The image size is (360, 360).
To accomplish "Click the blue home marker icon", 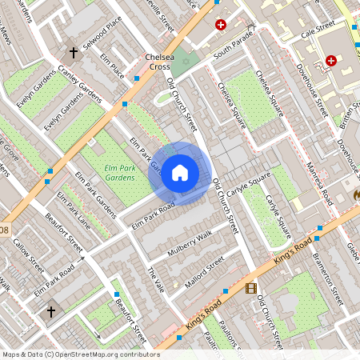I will (x=180, y=173).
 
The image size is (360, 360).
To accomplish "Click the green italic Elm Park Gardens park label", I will (x=122, y=172).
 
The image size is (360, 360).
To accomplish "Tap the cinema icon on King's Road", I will (x=253, y=289).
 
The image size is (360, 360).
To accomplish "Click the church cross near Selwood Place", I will (x=73, y=53).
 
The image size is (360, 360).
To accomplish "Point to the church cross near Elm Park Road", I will (x=53, y=310).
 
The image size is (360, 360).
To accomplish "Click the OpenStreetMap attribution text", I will (x=80, y=354).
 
